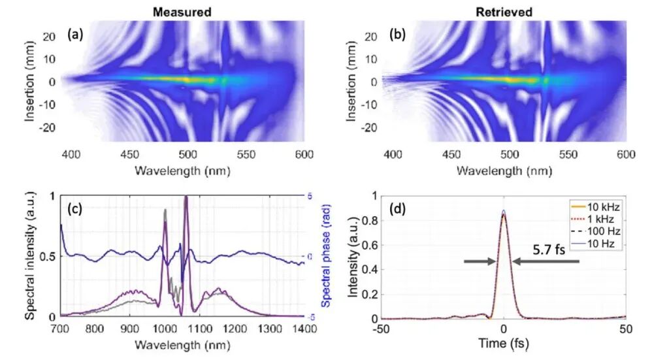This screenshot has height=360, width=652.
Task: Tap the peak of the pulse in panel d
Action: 503,212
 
